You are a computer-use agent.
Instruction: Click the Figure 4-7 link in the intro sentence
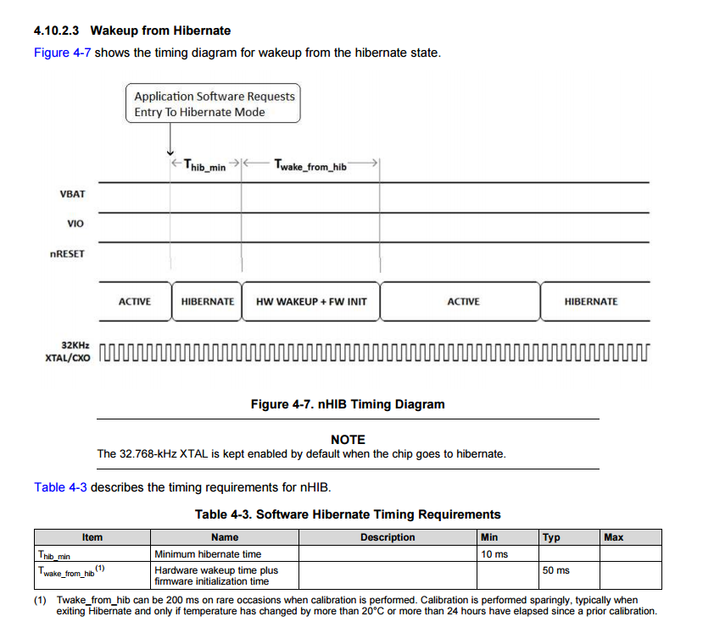coord(63,53)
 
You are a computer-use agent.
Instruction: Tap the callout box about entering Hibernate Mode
coord(214,104)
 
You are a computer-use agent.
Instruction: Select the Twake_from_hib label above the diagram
coord(310,166)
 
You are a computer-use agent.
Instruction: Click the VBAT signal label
coord(73,194)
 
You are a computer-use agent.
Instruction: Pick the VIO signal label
coord(75,224)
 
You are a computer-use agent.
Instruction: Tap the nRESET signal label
coord(68,253)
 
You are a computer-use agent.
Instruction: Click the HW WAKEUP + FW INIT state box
coord(311,302)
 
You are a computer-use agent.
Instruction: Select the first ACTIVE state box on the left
coord(135,302)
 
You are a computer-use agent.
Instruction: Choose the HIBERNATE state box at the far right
coord(591,302)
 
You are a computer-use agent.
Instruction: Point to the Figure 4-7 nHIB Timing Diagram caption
coord(348,404)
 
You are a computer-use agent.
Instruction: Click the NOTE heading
coord(348,440)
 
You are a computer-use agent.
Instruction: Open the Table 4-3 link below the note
coord(60,487)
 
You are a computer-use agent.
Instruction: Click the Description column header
coord(388,537)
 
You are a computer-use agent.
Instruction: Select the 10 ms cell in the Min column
coord(494,554)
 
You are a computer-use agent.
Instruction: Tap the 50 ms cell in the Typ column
coord(556,570)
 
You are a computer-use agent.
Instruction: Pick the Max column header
coord(613,537)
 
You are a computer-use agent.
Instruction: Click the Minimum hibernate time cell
coord(208,554)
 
